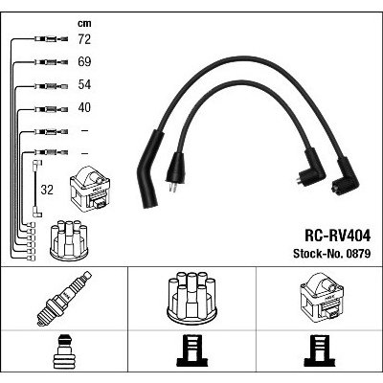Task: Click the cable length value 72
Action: (84, 39)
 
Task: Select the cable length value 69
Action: (84, 61)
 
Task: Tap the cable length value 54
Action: (84, 84)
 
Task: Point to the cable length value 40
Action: (84, 107)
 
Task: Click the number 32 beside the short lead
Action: (47, 190)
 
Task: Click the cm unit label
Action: (84, 23)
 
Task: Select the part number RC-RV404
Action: (338, 237)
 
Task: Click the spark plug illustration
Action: (64, 299)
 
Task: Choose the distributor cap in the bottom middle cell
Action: (191, 296)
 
